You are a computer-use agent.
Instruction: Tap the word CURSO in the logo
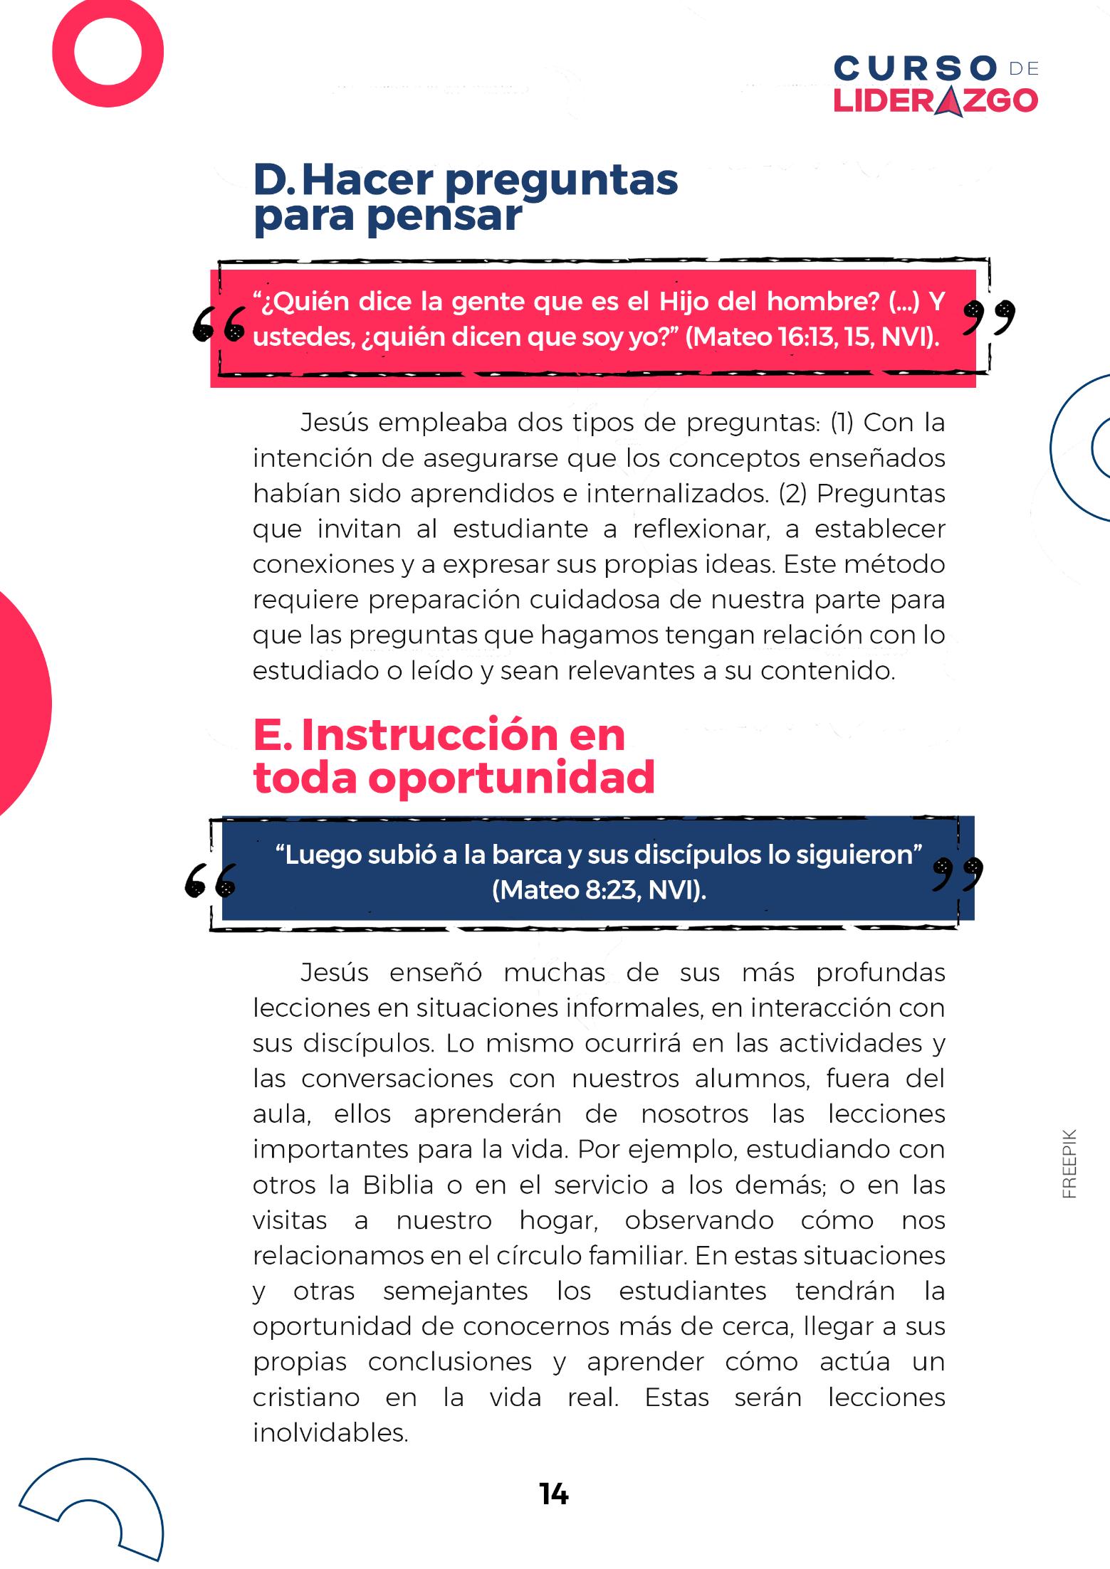pyautogui.click(x=915, y=70)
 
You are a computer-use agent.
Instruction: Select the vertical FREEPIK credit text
pyautogui.click(x=1069, y=1163)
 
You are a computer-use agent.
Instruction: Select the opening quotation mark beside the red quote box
pyautogui.click(x=219, y=324)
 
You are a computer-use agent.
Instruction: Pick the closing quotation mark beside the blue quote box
pyautogui.click(x=958, y=875)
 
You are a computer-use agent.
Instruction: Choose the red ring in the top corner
pyautogui.click(x=108, y=52)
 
